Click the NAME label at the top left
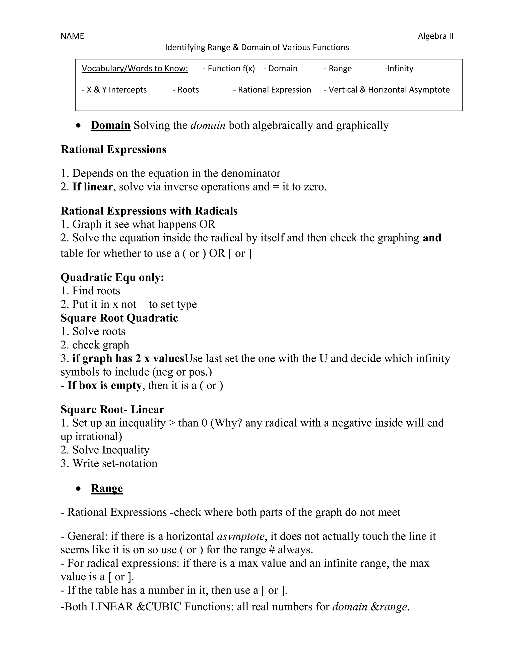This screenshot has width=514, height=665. (72, 36)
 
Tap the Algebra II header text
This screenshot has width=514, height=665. (435, 36)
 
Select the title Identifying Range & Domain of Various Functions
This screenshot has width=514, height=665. (257, 47)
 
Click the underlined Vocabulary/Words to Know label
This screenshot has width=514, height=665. (135, 69)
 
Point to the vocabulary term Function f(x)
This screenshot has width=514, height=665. (229, 69)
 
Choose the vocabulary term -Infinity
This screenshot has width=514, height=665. (399, 69)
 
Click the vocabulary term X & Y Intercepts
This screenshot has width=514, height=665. (114, 90)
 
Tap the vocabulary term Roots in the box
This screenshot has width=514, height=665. (186, 90)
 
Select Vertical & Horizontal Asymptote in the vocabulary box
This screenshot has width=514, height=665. (387, 90)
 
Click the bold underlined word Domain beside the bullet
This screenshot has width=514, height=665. (110, 125)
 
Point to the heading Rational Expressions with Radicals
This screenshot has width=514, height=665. (149, 211)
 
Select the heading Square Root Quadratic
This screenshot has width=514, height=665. (119, 318)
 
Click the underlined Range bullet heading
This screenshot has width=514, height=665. (107, 488)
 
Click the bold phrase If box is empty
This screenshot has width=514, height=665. (104, 385)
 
